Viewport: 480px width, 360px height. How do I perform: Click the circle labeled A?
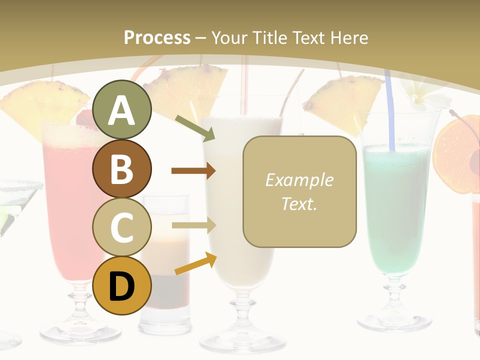point(121,110)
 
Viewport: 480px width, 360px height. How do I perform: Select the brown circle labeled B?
point(121,169)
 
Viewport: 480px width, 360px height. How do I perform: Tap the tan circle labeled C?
point(121,227)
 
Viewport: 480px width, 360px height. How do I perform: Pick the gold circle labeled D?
point(121,285)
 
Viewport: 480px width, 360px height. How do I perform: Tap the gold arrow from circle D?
point(195,263)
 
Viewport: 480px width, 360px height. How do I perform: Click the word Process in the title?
point(157,37)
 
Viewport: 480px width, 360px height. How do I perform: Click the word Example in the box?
point(299,180)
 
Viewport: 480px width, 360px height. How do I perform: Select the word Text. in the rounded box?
point(299,203)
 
